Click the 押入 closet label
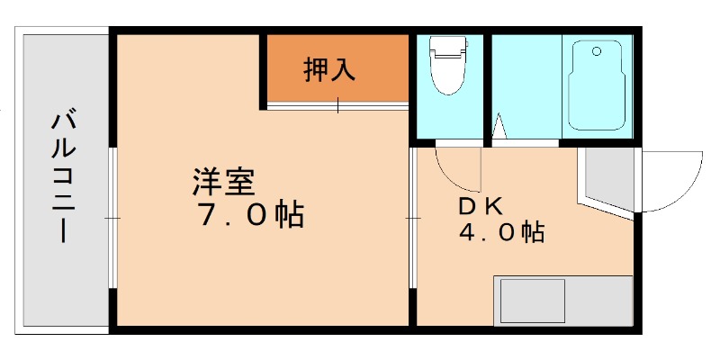tap(328, 70)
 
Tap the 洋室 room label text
tap(225, 183)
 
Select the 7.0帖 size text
tap(248, 216)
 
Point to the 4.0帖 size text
tap(500, 233)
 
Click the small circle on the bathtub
tap(596, 52)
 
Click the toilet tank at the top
tap(446, 44)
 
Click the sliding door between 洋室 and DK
tap(413, 219)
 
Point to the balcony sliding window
tap(112, 219)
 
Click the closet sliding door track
tap(338, 106)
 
